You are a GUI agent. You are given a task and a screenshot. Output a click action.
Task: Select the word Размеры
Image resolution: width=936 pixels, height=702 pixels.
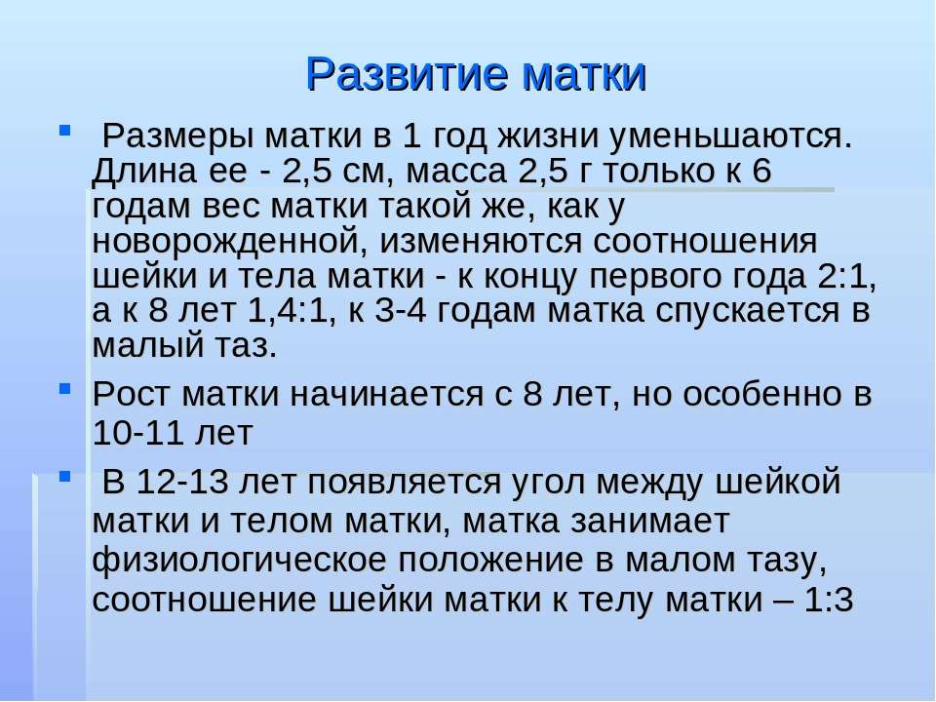pos(177,136)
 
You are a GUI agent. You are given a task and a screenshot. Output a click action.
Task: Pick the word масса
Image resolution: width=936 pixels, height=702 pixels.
pos(456,172)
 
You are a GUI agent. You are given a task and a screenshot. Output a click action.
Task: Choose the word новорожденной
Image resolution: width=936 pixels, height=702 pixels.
pos(231,242)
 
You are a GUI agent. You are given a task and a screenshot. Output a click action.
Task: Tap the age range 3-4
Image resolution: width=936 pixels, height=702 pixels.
pos(401,312)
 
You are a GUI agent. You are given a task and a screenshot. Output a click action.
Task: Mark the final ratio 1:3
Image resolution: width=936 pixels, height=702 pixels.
pos(829,600)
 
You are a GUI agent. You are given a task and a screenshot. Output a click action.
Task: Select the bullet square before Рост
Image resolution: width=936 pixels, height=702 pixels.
pos(65,389)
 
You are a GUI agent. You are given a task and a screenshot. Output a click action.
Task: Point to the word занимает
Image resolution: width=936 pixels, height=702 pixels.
pos(650,522)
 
